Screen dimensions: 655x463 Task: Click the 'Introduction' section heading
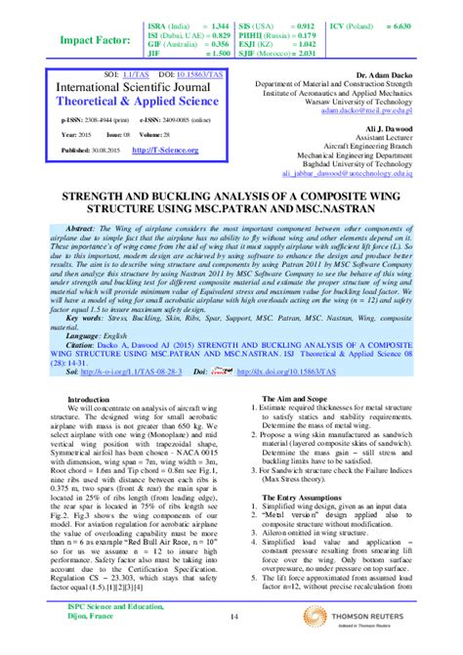[x=89, y=400]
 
